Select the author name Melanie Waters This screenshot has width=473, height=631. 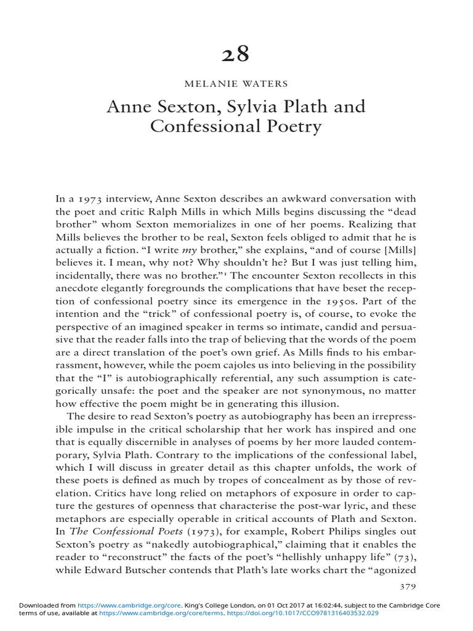coord(236,84)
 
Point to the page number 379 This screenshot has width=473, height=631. coord(408,587)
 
